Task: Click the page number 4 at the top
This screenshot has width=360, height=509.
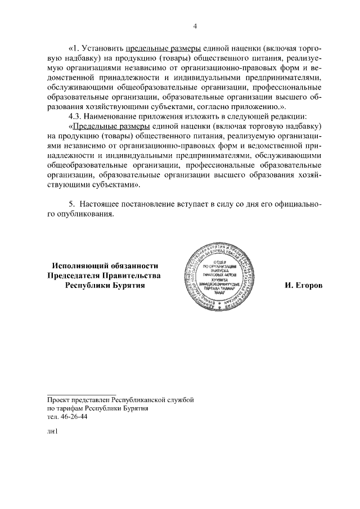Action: point(195,26)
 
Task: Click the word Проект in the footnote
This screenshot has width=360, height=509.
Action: point(58,399)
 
